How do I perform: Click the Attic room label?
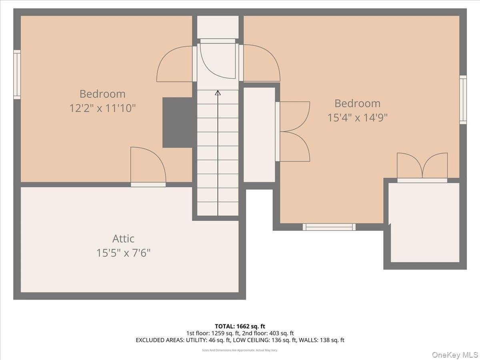tap(123, 238)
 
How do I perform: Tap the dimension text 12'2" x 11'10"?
tap(102, 108)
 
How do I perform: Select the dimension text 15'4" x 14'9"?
tap(357, 118)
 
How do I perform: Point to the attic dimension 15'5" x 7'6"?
tap(123, 253)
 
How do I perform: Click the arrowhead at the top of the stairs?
tap(218, 93)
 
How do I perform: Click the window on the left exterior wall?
tap(17, 74)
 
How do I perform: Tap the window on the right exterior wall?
tap(463, 100)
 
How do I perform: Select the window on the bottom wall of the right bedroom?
tap(329, 227)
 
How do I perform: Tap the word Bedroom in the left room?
tap(102, 94)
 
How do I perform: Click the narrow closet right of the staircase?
tap(259, 135)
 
